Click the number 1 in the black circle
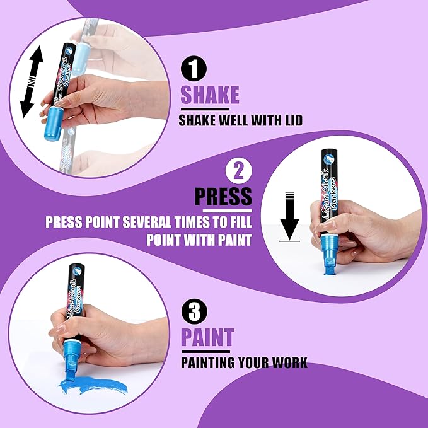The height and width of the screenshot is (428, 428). pyautogui.click(x=194, y=69)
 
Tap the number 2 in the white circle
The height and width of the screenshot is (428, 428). pyautogui.click(x=238, y=171)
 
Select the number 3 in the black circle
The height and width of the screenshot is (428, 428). pyautogui.click(x=194, y=311)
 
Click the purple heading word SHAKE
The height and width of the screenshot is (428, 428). pyautogui.click(x=210, y=95)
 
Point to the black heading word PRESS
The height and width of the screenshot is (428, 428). pyautogui.click(x=223, y=196)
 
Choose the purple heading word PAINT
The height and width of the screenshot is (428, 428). pyautogui.click(x=208, y=337)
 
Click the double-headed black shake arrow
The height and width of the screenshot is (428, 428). pyautogui.click(x=32, y=81)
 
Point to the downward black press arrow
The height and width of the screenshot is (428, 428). pyautogui.click(x=289, y=216)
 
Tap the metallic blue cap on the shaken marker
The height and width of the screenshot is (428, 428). pyautogui.click(x=53, y=123)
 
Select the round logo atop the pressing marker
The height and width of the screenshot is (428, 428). pyautogui.click(x=328, y=158)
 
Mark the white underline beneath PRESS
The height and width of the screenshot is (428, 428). pyautogui.click(x=228, y=211)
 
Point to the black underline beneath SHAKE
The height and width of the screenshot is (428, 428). pyautogui.click(x=205, y=109)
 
